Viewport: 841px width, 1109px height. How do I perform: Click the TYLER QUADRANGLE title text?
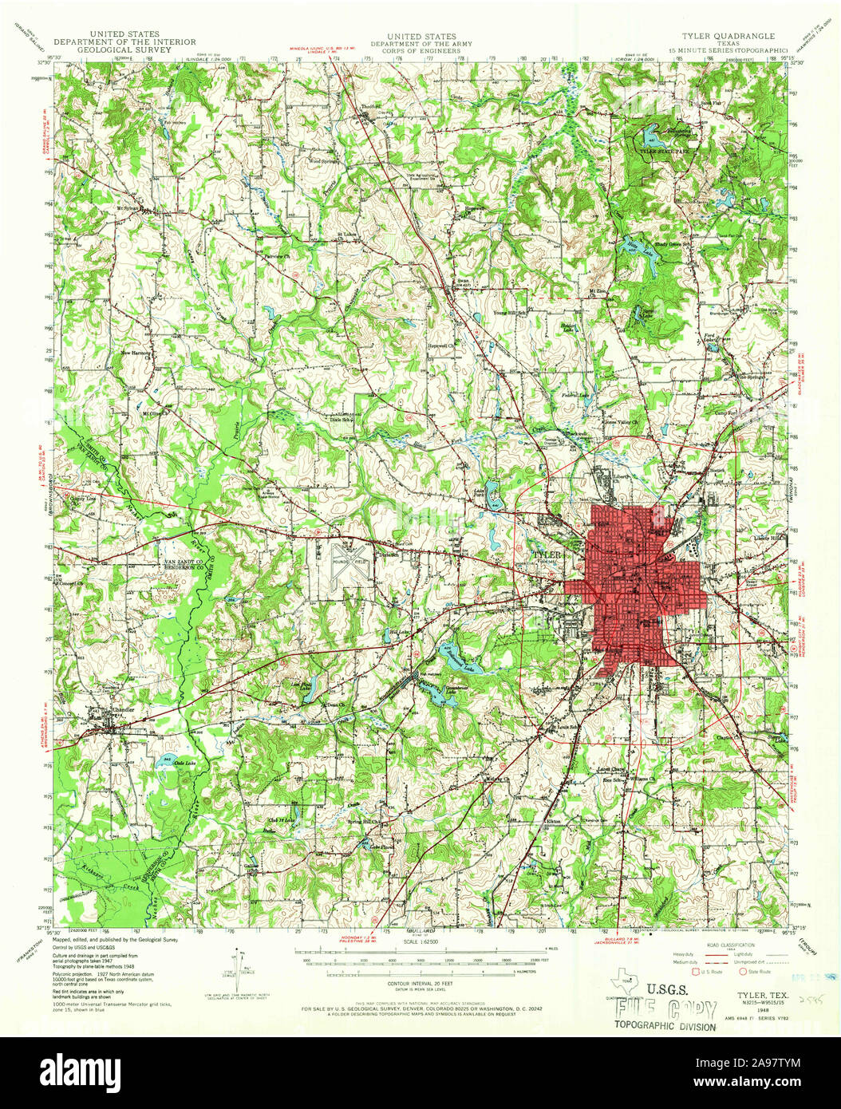[x=727, y=37]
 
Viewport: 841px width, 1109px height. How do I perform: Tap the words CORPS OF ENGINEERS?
[x=421, y=50]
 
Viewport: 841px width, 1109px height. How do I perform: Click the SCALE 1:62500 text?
[x=421, y=944]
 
